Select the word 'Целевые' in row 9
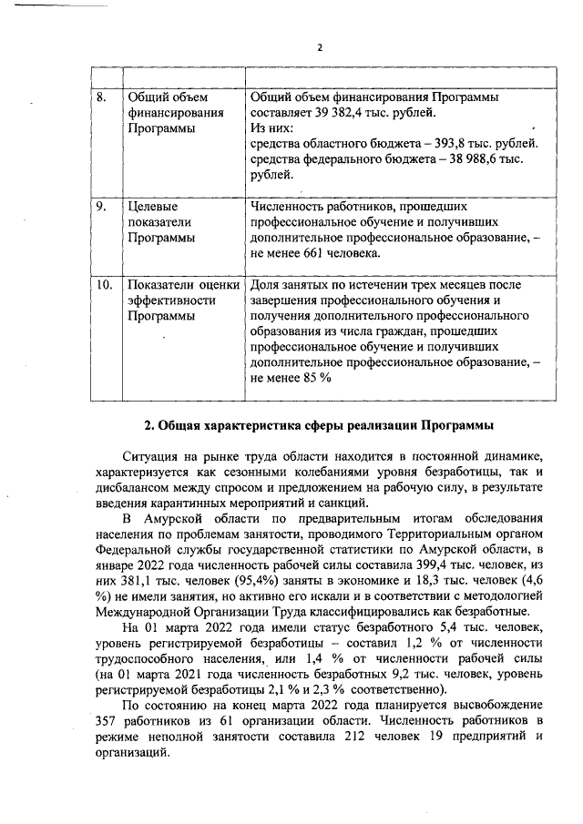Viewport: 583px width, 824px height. (151, 207)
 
